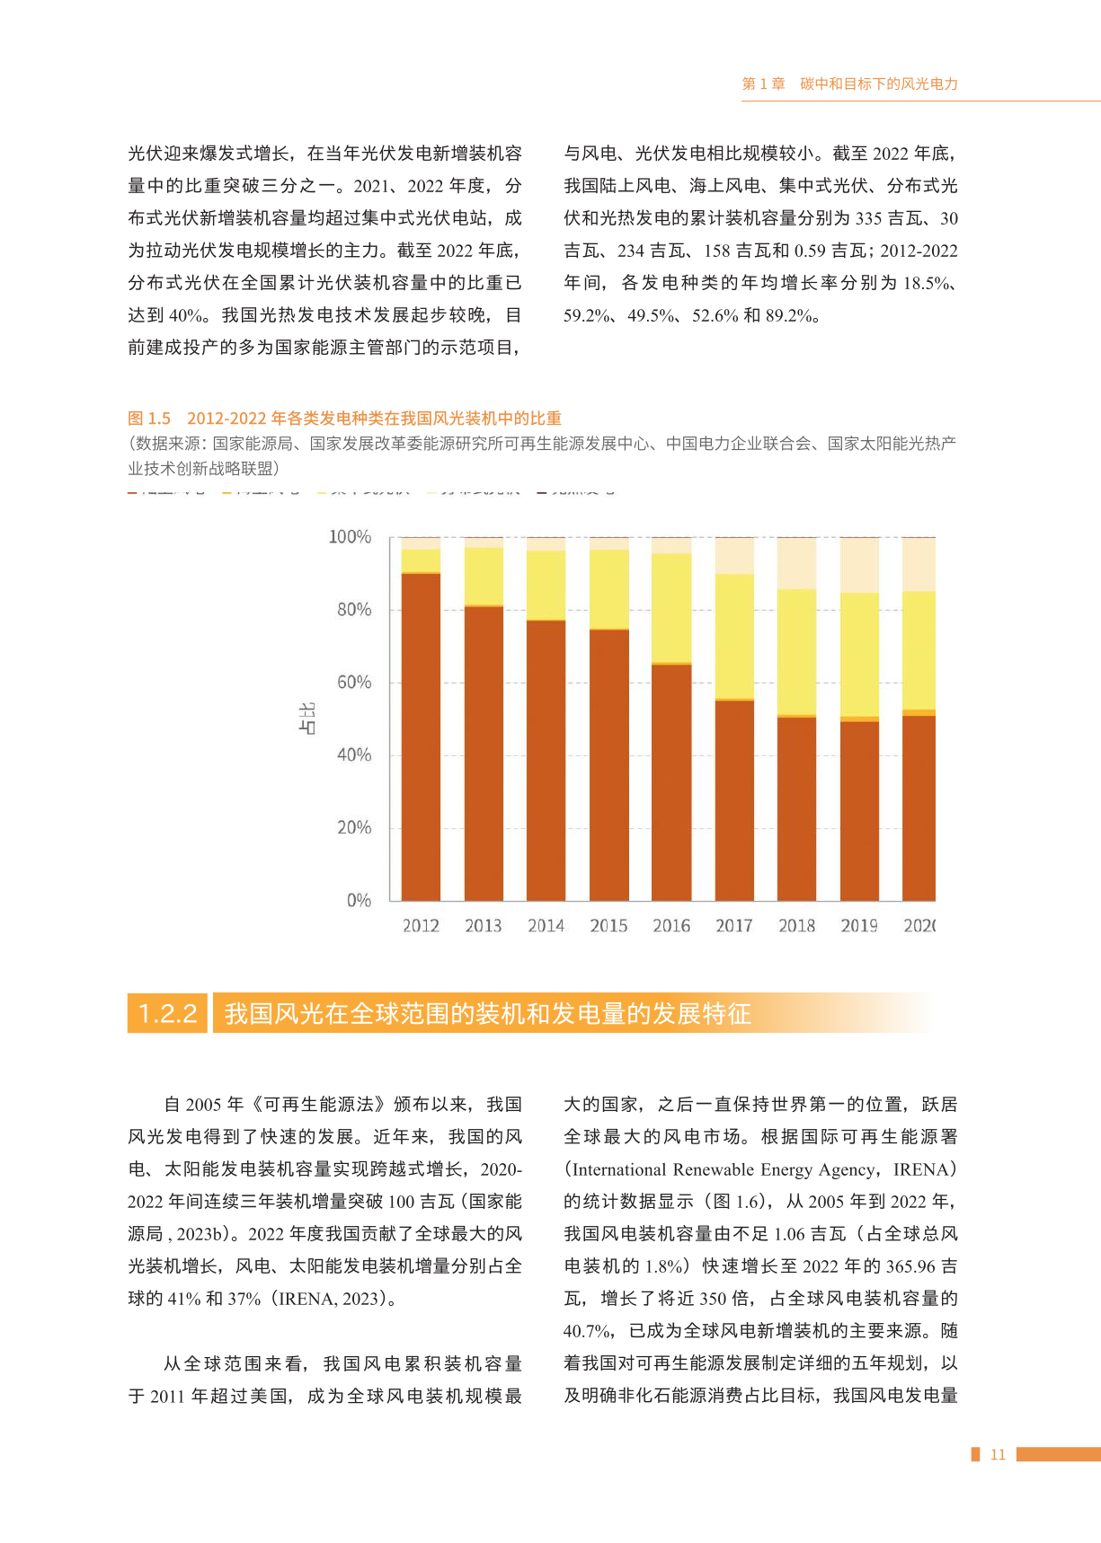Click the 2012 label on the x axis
coord(421,926)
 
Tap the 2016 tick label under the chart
coord(671,926)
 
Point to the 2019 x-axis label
coord(859,926)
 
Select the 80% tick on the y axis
coord(354,610)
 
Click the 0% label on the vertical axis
coord(359,901)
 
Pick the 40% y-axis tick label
coord(354,755)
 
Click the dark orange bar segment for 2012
coord(421,736)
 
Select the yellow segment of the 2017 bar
coord(734,636)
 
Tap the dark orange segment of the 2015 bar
coord(609,763)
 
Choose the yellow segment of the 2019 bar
coord(859,654)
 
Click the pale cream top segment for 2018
coord(796,563)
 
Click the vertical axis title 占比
coord(307,719)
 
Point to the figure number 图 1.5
coord(149,419)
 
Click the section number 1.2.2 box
coord(167,1014)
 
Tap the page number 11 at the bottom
coord(998,1455)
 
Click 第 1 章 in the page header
coord(763,84)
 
